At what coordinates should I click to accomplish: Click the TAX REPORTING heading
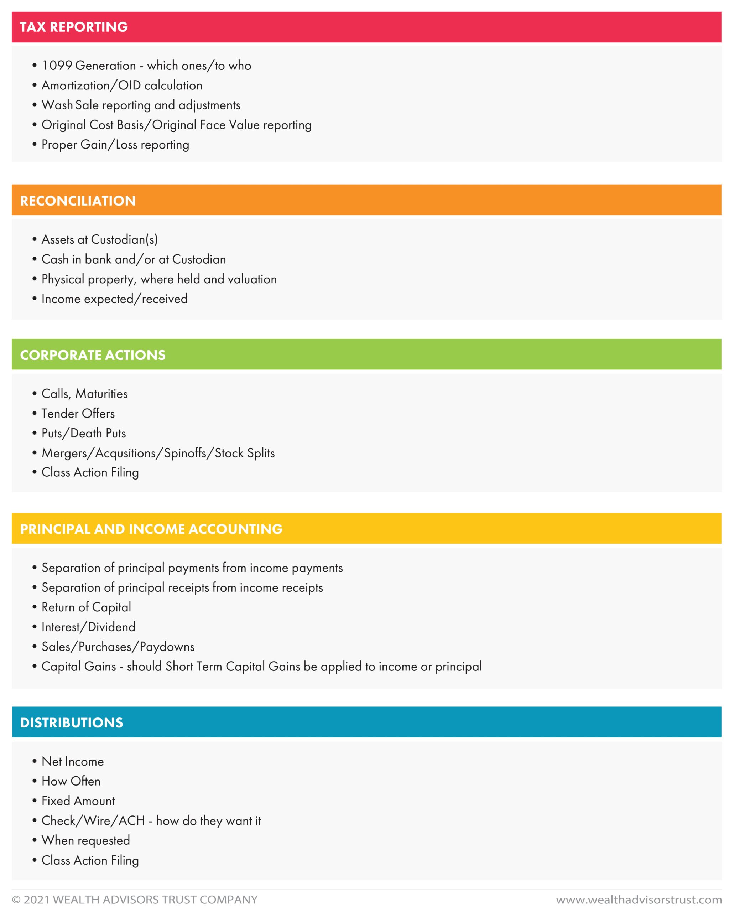[74, 27]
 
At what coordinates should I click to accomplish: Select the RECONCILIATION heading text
[78, 201]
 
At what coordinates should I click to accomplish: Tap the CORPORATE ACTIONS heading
[93, 355]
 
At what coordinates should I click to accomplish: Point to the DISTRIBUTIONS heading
[72, 722]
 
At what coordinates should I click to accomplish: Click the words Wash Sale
[70, 105]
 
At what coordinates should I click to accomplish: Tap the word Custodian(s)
[124, 240]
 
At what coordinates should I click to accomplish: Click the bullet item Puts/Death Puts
[84, 433]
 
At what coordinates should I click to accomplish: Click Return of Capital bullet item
[86, 607]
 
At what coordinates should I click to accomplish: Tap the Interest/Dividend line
[88, 627]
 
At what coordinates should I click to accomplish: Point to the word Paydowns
[167, 647]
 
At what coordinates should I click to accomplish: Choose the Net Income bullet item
[72, 761]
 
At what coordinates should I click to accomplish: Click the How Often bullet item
[71, 781]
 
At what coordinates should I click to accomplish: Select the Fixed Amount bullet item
[78, 801]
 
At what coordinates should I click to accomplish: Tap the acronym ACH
[131, 821]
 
